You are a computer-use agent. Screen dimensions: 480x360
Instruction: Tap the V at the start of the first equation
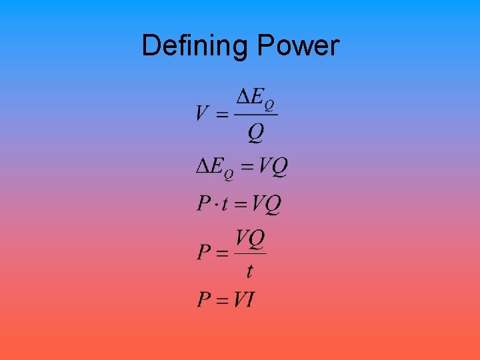pos(204,113)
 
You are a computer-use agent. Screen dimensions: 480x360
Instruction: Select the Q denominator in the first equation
pos(256,133)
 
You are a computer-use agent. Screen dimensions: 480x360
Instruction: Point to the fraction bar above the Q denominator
pos(256,115)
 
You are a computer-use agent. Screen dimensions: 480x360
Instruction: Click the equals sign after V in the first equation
pos(223,114)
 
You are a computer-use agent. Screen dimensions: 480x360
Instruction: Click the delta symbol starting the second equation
pos(203,166)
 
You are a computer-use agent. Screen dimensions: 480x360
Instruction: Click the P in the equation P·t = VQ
pos(204,203)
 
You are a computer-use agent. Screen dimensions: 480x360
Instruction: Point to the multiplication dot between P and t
pos(216,203)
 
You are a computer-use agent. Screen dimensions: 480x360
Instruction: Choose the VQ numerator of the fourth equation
pos(250,237)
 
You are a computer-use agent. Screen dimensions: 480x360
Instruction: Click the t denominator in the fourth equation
pos(250,271)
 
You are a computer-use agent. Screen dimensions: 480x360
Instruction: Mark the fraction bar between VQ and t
pos(250,253)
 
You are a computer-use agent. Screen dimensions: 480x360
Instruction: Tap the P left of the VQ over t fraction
pos(204,253)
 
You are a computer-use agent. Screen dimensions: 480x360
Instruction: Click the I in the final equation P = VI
pos(249,299)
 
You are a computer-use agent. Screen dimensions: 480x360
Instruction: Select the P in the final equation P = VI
pos(204,299)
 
